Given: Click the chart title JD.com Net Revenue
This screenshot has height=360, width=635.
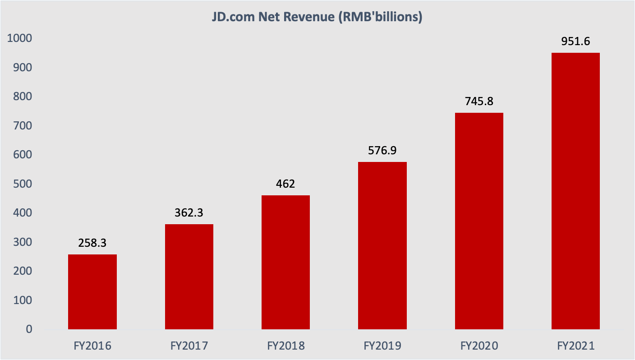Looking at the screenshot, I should (x=317, y=18).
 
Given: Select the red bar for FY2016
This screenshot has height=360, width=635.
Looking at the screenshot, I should (x=92, y=292).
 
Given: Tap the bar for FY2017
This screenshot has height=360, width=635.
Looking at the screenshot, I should (x=189, y=277).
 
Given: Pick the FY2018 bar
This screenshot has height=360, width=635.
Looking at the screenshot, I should (x=285, y=262).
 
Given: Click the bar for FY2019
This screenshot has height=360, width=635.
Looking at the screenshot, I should (x=382, y=245).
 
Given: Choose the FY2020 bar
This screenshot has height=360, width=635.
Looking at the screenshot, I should (x=479, y=221).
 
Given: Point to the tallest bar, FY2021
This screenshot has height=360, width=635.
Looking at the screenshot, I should (x=575, y=191).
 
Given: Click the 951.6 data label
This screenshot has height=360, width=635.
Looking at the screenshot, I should (x=575, y=42).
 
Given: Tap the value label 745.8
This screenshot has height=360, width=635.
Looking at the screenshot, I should (x=479, y=102).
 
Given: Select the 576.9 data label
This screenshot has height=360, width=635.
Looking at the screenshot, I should (x=382, y=151).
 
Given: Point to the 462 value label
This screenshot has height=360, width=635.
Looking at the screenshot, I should (x=285, y=184).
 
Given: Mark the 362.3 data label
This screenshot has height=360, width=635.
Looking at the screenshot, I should (x=189, y=213).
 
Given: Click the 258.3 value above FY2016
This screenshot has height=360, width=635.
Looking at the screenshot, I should (x=92, y=243).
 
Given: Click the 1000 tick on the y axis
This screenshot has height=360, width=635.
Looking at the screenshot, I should (x=20, y=39).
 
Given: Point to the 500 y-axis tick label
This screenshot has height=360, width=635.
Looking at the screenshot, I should (x=23, y=184).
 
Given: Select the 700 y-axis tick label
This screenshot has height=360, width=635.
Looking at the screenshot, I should (x=23, y=126).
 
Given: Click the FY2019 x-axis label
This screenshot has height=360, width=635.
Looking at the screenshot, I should (x=382, y=346).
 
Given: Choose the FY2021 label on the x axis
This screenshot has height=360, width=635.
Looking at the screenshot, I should (x=575, y=346).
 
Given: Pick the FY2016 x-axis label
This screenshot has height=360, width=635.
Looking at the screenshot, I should (x=92, y=346).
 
